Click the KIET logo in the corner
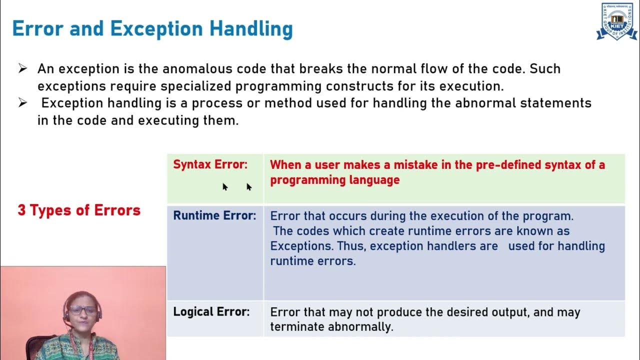click(x=616, y=21)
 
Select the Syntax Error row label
click(x=210, y=164)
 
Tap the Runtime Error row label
click(x=214, y=215)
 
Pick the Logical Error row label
click(x=211, y=311)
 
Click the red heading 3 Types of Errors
click(x=79, y=210)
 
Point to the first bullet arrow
click(x=22, y=69)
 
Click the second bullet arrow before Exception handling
click(x=22, y=103)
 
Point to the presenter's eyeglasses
click(x=83, y=310)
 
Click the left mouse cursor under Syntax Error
click(x=225, y=186)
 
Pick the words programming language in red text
click(x=334, y=180)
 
